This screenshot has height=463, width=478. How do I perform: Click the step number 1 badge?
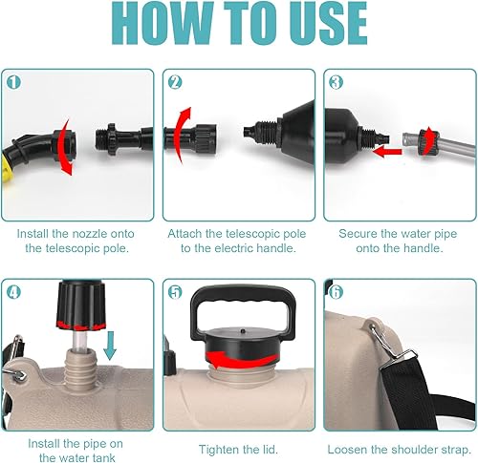13,81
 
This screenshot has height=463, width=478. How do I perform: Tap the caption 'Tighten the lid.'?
237,448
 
